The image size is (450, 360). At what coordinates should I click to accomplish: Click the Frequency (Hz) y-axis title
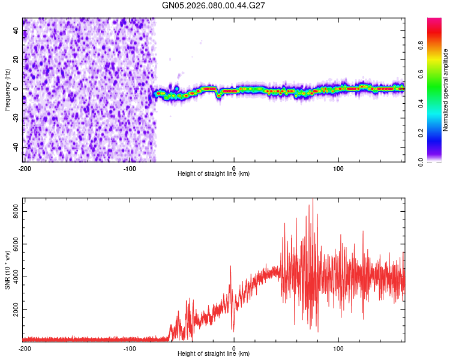click(7, 90)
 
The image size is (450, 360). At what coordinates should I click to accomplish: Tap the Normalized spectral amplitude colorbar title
click(446, 90)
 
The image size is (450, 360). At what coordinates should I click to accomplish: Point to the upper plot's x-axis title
click(214, 173)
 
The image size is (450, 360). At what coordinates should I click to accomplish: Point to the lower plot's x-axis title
click(214, 353)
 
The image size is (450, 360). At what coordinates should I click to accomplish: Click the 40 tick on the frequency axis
click(16, 30)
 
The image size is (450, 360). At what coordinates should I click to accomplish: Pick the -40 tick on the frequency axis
click(14, 147)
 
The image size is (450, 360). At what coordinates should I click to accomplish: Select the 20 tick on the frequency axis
click(16, 59)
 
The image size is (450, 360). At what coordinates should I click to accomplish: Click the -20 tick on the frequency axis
click(14, 118)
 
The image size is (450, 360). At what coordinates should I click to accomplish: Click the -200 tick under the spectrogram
click(25, 168)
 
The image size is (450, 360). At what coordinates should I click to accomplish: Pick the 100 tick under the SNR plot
click(338, 348)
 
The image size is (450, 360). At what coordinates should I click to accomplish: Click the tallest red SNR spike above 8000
click(313, 202)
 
